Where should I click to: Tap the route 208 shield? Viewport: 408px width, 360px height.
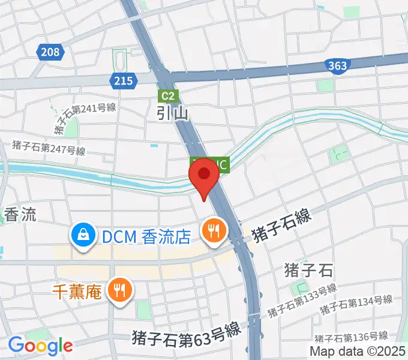51,53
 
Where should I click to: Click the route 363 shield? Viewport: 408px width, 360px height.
338,65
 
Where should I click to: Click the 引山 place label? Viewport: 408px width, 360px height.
173,113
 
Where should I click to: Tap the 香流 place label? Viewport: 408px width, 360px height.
20,215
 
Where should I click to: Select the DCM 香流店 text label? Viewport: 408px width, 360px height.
146,237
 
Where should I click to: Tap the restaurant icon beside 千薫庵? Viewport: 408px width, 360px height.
121,292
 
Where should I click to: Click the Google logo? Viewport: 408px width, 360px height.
40,346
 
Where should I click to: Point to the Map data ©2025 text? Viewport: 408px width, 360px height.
357,351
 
